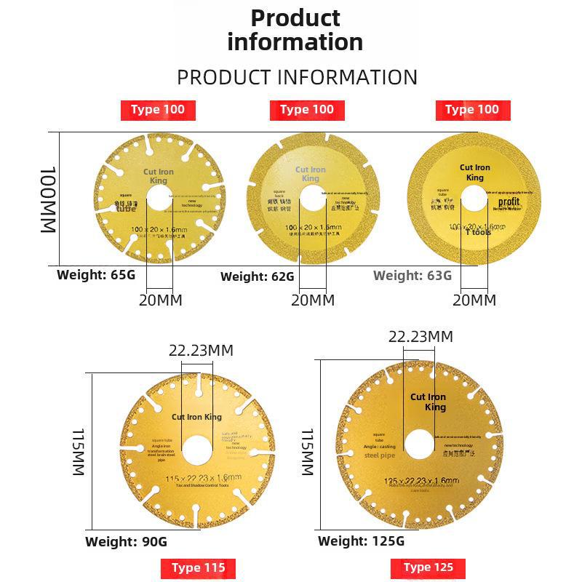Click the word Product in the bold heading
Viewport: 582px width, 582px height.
point(295,17)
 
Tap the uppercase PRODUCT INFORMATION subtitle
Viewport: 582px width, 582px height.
point(297,77)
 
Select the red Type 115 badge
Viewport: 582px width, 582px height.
point(198,568)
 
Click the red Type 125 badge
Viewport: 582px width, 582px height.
point(428,567)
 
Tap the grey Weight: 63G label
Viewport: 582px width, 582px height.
point(412,276)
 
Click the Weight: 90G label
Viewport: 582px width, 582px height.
point(126,541)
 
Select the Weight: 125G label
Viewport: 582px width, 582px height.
point(361,541)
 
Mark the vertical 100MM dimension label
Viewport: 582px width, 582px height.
point(47,199)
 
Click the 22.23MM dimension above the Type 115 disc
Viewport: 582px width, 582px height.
point(201,351)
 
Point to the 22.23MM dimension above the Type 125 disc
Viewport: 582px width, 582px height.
point(420,337)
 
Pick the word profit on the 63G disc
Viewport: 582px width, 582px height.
point(509,202)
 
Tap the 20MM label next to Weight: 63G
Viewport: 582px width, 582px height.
point(474,300)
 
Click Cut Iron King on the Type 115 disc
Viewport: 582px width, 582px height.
point(196,417)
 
